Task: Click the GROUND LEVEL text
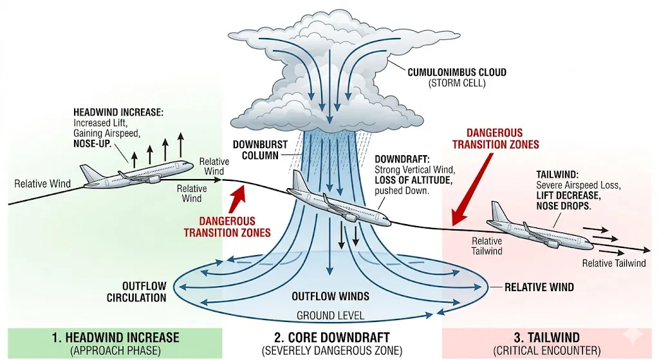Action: click(330, 316)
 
